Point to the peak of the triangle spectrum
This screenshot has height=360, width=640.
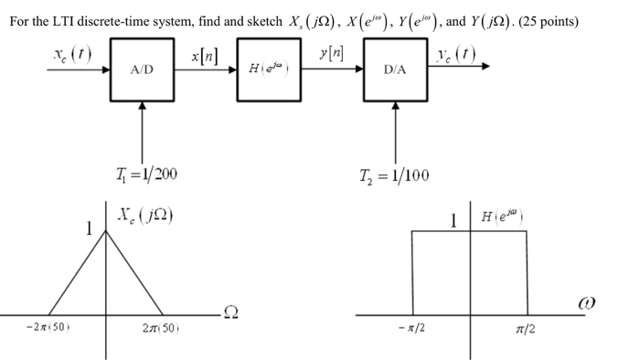(x=107, y=230)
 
